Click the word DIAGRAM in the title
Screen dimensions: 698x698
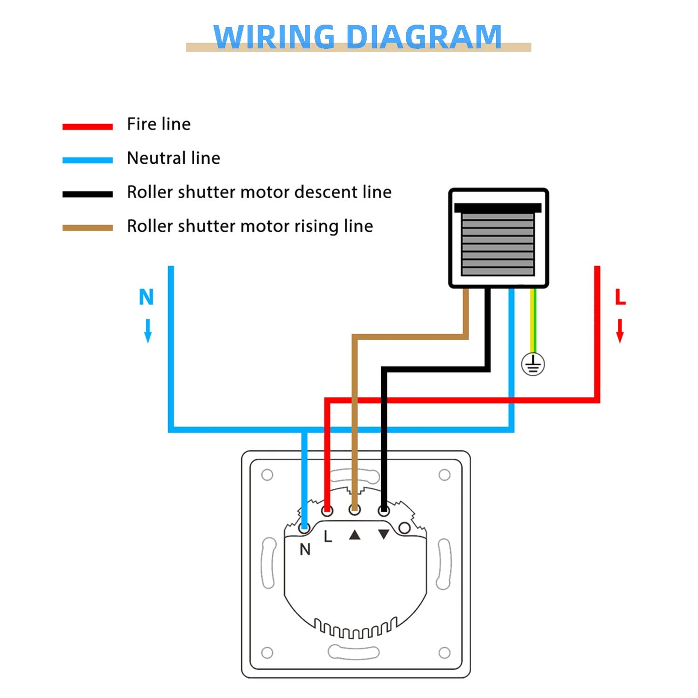pos(424,37)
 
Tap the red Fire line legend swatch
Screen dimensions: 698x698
pos(87,127)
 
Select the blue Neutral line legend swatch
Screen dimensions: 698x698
pos(87,160)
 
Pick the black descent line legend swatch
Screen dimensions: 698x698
pos(87,194)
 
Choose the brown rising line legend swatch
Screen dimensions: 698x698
pos(87,228)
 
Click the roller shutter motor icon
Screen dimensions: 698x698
pos(498,238)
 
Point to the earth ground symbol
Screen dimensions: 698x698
pos(533,364)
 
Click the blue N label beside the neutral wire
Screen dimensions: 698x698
pos(146,297)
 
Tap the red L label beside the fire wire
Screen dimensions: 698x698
pos(620,297)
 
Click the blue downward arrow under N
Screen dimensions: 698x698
pos(148,331)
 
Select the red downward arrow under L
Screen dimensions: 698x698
pos(620,331)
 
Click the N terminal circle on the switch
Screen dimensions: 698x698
pos(304,527)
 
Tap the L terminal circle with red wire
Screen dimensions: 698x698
pos(327,510)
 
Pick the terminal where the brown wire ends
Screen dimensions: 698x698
pos(355,510)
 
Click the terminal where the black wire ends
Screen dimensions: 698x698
pos(384,510)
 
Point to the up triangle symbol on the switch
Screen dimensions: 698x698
pos(355,535)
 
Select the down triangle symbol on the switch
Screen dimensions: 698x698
pos(384,534)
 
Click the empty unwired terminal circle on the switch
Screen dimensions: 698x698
pos(405,528)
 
